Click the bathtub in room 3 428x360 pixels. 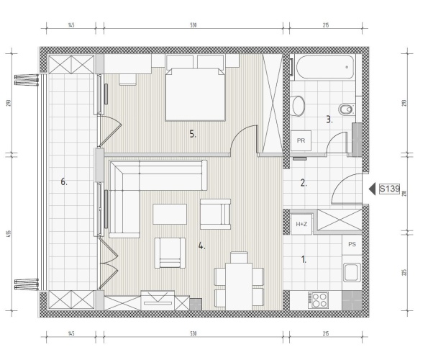point(325,67)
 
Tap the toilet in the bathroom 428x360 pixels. point(347,110)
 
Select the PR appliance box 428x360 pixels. point(301,140)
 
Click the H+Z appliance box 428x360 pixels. point(301,224)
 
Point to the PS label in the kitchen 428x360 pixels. point(352,244)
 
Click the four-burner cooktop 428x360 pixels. point(318,300)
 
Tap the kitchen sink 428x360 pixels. point(352,272)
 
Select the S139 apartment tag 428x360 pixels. point(389,189)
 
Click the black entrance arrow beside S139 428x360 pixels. point(372,189)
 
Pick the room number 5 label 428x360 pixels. point(193,134)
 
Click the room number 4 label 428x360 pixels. point(201,246)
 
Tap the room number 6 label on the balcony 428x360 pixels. point(64,181)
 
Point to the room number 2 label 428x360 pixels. point(304,183)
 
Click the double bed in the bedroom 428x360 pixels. point(195,94)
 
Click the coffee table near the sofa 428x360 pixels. point(170,214)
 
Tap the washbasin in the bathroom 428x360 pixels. point(299,106)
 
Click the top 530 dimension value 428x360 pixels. point(193,25)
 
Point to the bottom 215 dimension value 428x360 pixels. point(326,333)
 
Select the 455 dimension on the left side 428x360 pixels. point(9,234)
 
